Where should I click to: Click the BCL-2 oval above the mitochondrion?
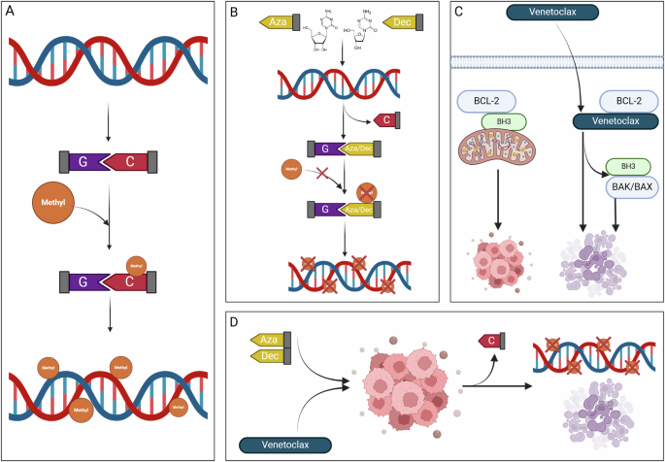point(494,102)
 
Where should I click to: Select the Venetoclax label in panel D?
point(283,445)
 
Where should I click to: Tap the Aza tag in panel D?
point(272,339)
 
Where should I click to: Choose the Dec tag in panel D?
point(272,357)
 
